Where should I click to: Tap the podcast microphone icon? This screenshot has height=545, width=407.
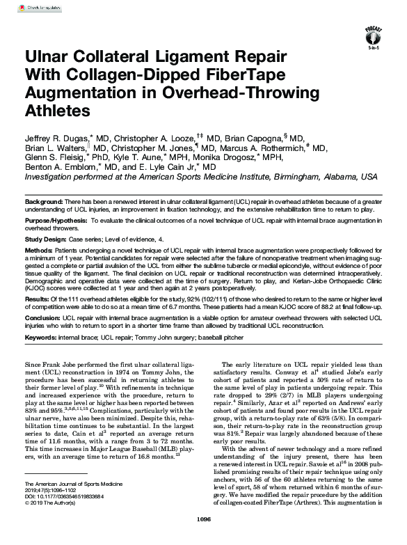click(374, 32)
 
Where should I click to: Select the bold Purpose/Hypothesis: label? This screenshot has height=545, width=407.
click(55, 221)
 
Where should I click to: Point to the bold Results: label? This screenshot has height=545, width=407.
click(38, 299)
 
